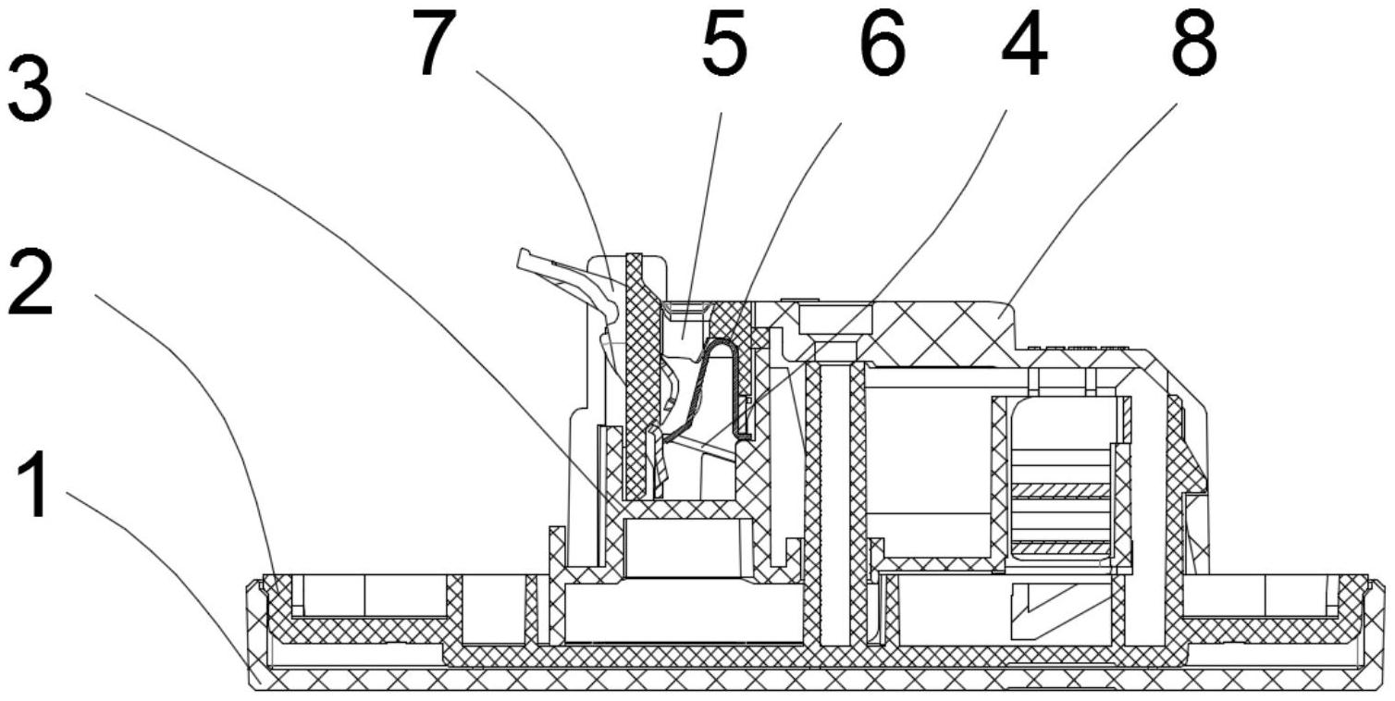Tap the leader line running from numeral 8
point(1092,203)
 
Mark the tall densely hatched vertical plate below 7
point(636,370)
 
